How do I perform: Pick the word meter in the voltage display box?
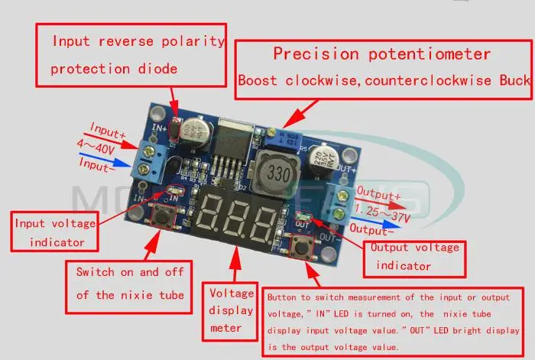[x=226, y=328]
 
